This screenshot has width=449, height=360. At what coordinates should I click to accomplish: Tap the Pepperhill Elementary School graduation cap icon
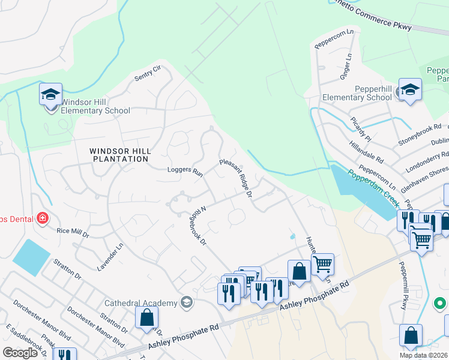tap(410, 90)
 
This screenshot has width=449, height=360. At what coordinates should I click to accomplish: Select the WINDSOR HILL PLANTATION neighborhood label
tap(119, 155)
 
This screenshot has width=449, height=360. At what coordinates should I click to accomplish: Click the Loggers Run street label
tap(185, 172)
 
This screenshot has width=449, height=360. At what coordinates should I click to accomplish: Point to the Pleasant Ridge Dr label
tap(235, 178)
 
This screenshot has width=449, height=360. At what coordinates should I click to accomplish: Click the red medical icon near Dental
tap(42, 217)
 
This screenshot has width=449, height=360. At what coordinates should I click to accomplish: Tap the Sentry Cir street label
tap(148, 73)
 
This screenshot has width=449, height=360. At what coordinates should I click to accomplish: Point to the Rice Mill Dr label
tap(72, 230)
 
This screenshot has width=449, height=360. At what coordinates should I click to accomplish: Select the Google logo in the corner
tap(20, 352)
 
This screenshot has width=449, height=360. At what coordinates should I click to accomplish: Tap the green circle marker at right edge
tap(441, 305)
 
